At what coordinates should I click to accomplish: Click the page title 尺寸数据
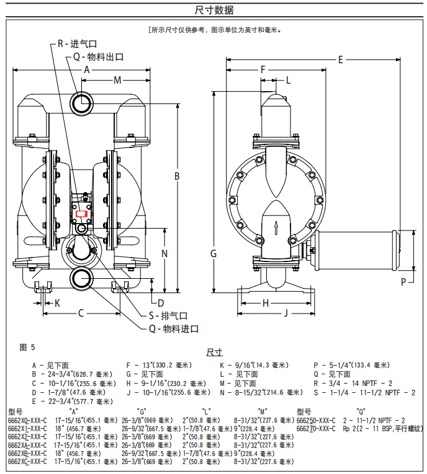(213, 10)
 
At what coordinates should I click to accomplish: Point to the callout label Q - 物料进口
(173, 328)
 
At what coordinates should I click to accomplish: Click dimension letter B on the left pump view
(177, 177)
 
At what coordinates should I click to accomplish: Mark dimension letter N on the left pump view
(164, 253)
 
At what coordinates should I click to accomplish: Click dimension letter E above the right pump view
(341, 59)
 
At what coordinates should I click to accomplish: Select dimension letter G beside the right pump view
(213, 253)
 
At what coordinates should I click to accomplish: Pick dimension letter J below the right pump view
(286, 313)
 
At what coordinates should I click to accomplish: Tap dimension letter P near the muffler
(403, 281)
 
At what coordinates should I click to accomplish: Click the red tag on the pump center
(81, 213)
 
